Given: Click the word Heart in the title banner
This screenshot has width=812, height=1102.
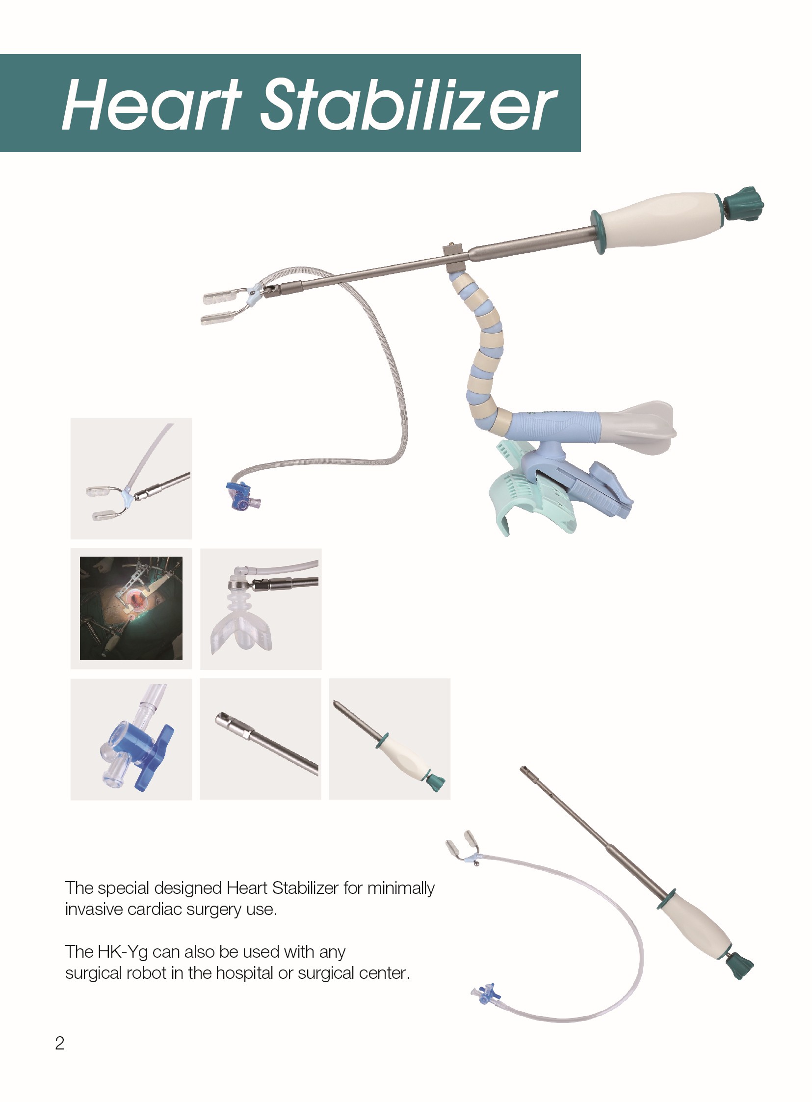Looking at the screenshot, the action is (152, 105).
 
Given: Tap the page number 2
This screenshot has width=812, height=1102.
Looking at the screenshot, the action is (59, 1043).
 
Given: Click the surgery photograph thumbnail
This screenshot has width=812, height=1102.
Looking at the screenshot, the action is (131, 608).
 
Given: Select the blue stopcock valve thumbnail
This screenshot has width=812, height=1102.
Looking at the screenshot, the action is (131, 739).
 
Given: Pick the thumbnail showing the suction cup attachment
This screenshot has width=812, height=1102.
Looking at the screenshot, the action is (261, 609).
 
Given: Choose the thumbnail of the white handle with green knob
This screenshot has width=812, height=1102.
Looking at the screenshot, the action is (390, 739).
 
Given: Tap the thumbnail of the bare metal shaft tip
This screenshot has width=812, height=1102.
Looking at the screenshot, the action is (261, 739).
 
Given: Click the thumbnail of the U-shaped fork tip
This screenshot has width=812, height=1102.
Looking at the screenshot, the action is (131, 479).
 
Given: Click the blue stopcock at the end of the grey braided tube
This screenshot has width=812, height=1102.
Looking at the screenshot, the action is (242, 497).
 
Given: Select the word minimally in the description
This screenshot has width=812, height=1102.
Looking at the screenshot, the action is (401, 888).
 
